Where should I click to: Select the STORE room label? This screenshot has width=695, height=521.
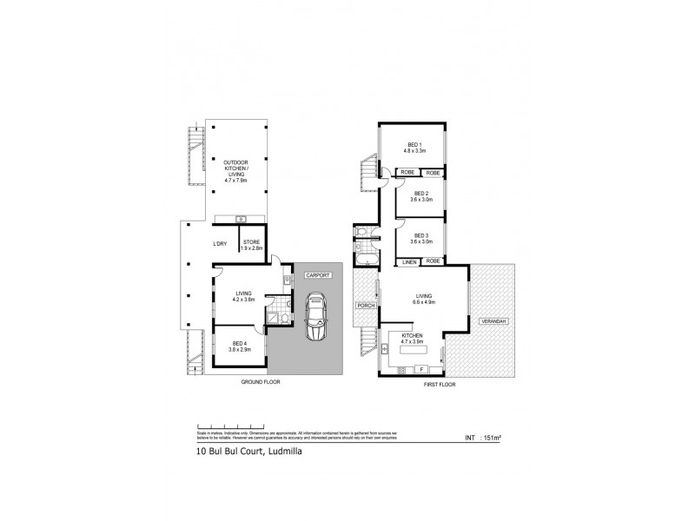251,242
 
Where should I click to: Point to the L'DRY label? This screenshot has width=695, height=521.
220,244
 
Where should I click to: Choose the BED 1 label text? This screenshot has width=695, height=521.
414,145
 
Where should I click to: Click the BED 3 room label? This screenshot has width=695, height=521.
421,234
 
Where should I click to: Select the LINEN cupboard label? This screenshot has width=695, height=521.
407,260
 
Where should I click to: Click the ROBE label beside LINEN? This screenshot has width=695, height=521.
432,260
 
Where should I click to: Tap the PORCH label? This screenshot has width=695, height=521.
363,306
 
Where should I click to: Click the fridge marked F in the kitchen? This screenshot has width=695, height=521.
434,371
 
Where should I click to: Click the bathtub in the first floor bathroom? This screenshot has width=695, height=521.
363,258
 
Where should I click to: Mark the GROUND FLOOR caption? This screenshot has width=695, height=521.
261,382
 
